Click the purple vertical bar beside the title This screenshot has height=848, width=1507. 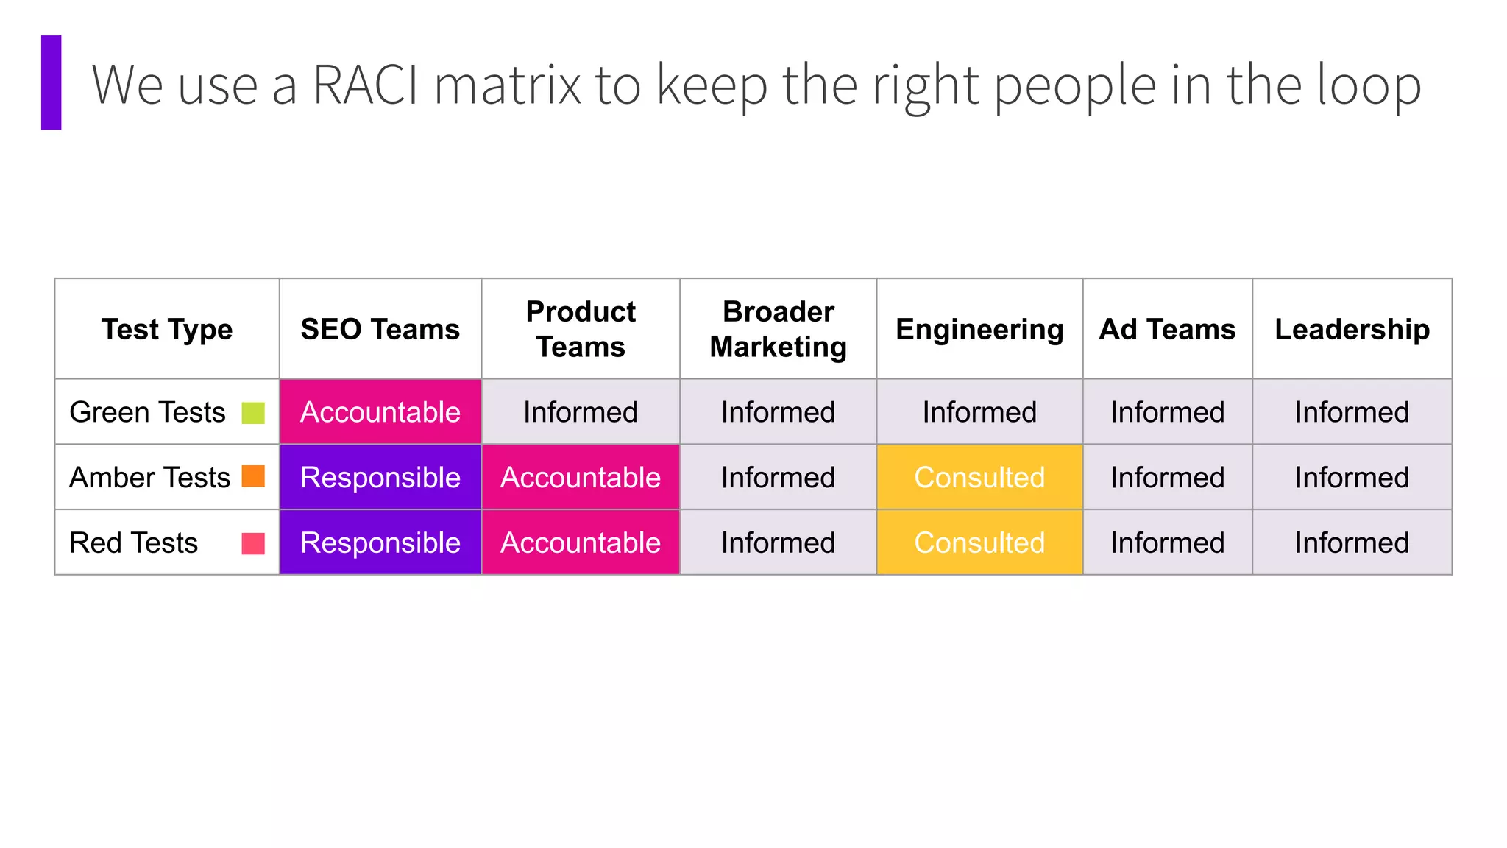pyautogui.click(x=51, y=82)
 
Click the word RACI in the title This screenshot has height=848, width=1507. pyautogui.click(x=366, y=85)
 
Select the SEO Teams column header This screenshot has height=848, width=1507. pyautogui.click(x=380, y=329)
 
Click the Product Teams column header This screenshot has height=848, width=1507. pyautogui.click(x=581, y=329)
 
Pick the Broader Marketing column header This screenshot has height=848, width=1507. pyautogui.click(x=778, y=329)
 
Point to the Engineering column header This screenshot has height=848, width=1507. pyautogui.click(x=979, y=329)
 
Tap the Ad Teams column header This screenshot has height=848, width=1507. pyautogui.click(x=1167, y=329)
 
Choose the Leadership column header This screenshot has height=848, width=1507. pyautogui.click(x=1352, y=329)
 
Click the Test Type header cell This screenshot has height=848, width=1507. pyautogui.click(x=167, y=329)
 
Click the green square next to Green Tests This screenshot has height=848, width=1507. pyautogui.click(x=253, y=413)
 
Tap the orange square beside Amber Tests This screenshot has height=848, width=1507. pyautogui.click(x=253, y=476)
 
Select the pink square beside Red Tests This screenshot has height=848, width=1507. pyautogui.click(x=253, y=543)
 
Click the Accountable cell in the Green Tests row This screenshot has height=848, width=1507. pyautogui.click(x=380, y=412)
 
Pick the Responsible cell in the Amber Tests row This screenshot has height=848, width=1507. pyautogui.click(x=380, y=477)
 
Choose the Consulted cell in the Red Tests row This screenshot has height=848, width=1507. pyautogui.click(x=979, y=543)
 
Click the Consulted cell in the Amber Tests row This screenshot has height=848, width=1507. pyautogui.click(x=979, y=477)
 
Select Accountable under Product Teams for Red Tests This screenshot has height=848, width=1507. pyautogui.click(x=581, y=543)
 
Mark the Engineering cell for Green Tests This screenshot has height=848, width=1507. pyautogui.click(x=979, y=412)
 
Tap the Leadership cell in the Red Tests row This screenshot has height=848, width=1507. pyautogui.click(x=1352, y=543)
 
